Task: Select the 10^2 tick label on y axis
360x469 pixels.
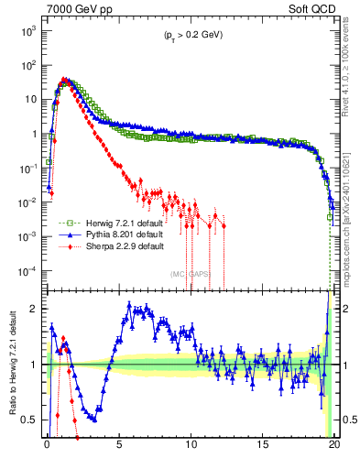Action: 27,65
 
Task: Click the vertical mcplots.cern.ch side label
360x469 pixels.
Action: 352,229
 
